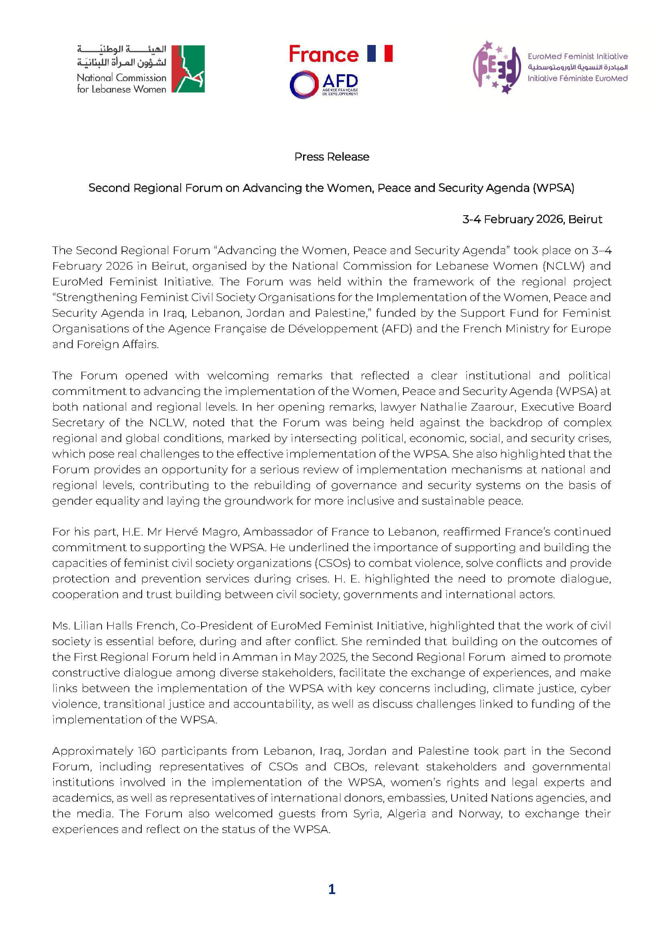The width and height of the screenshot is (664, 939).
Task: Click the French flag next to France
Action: coord(379,53)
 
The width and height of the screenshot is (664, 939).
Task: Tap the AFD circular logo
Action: coord(304,85)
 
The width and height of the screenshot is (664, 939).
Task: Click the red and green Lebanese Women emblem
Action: coord(187,69)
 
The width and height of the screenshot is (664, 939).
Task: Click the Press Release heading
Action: coord(332,157)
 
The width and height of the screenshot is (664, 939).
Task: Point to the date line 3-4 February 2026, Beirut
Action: coord(532,219)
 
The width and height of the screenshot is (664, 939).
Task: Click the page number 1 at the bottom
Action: coord(332,889)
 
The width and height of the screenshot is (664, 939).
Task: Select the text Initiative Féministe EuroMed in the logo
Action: coord(577,78)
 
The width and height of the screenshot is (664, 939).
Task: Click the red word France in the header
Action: coord(324,54)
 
